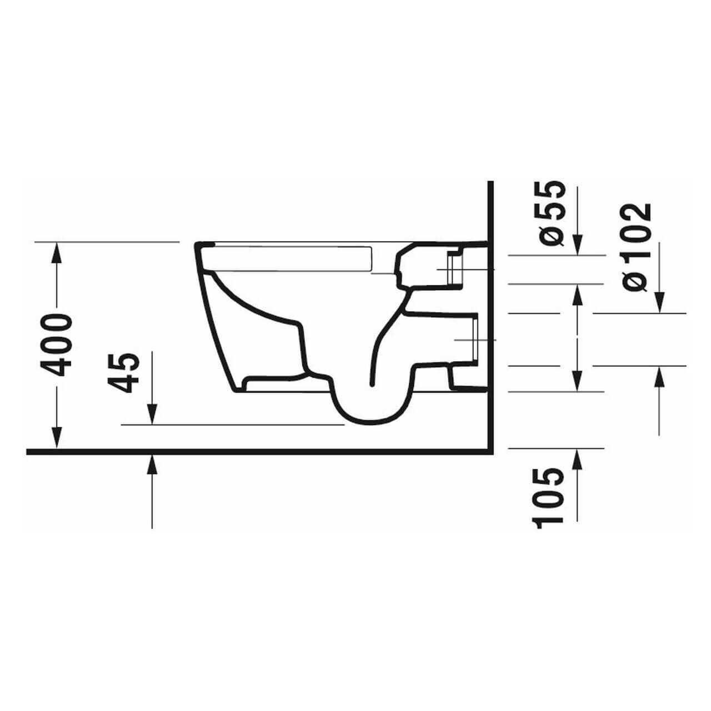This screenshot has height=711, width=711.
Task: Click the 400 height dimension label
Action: click(x=58, y=344)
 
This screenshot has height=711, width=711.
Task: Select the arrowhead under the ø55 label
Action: click(x=578, y=244)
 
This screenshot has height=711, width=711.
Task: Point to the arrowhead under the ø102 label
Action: click(x=659, y=303)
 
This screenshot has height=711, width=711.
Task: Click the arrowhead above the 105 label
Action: click(x=578, y=459)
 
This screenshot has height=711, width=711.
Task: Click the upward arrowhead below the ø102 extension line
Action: click(x=659, y=378)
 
